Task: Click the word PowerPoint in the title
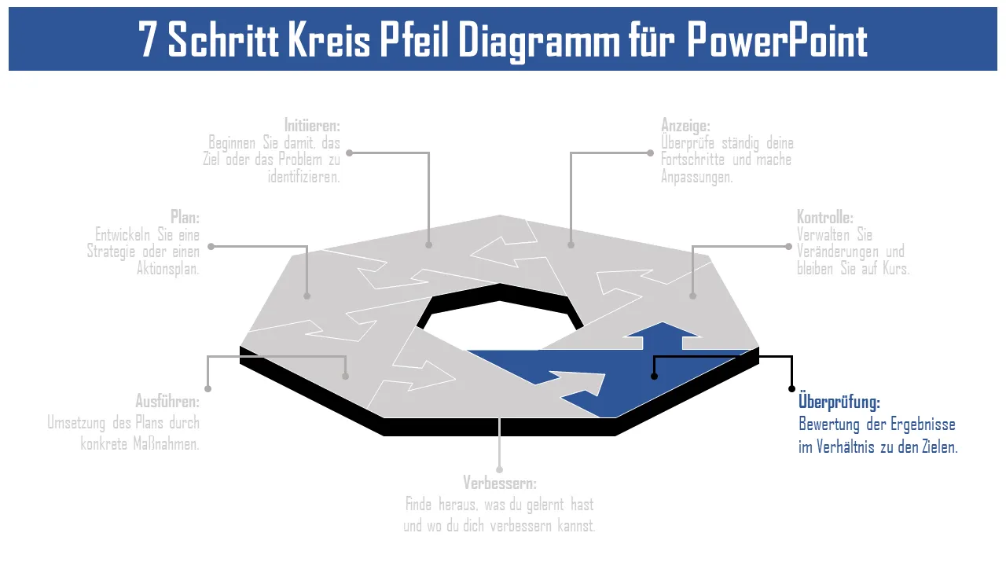pos(777,40)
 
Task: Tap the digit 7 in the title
pos(148,40)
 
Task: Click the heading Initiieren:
pos(312,125)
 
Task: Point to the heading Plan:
pos(185,217)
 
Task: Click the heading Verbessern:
pos(500,483)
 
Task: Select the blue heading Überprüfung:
pos(839,402)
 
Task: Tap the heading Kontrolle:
pos(824,217)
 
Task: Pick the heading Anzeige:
pos(685,125)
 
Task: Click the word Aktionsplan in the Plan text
pos(168,268)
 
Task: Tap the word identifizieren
pos(303,177)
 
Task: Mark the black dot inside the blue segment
pos(654,377)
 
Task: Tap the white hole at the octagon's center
pos(500,322)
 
